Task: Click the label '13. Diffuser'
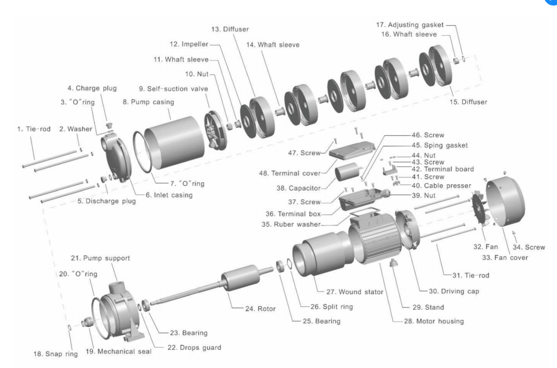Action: [x=230, y=29]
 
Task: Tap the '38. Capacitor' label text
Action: [x=298, y=188]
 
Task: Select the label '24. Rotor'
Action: [x=261, y=309]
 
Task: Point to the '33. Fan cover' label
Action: [x=505, y=258]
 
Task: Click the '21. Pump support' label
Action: [x=100, y=258]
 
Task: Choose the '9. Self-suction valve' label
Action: [x=174, y=89]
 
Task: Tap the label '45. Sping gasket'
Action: [x=440, y=145]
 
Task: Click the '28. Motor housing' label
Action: [x=434, y=321]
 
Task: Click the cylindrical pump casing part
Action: [x=174, y=143]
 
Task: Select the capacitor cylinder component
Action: [x=347, y=172]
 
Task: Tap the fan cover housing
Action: [x=505, y=201]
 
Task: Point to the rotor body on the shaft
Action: [x=240, y=277]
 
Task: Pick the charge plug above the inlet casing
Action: [x=109, y=125]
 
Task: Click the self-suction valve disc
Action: [x=215, y=130]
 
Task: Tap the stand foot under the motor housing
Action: [x=393, y=263]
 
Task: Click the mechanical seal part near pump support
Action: [x=87, y=322]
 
